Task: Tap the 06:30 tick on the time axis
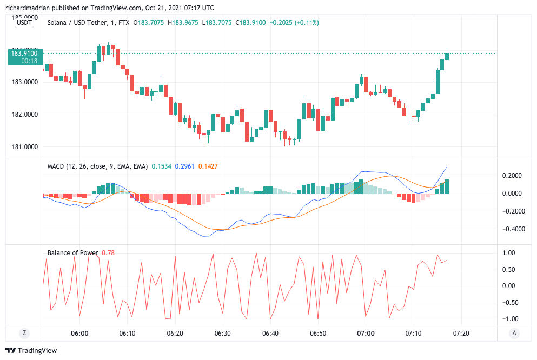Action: click(223, 334)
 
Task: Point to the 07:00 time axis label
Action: click(366, 334)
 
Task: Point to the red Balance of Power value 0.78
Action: click(108, 252)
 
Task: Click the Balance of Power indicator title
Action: click(72, 252)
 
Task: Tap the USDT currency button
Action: click(24, 23)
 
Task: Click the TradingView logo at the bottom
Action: click(31, 350)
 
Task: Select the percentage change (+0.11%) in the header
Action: click(306, 23)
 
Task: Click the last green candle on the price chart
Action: click(447, 56)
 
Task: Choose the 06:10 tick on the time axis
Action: click(127, 334)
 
